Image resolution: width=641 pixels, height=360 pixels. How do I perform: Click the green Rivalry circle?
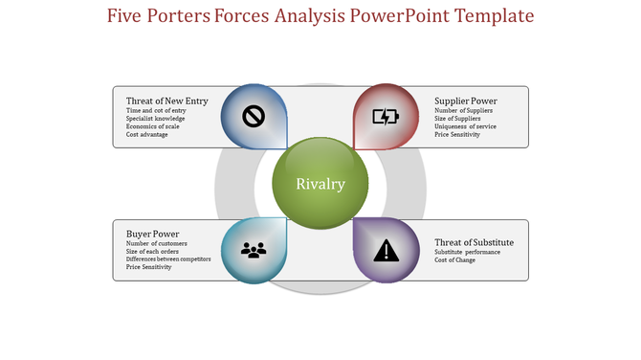pos(320,184)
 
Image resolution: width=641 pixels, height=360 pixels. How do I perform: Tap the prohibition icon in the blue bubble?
pos(254,117)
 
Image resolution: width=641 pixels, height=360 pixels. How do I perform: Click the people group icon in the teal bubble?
pos(254,250)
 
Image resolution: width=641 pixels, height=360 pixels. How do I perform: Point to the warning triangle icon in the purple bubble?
pos(386,251)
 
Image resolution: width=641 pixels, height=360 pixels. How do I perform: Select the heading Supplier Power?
pos(466,101)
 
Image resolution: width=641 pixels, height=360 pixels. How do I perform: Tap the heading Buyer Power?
pos(153,234)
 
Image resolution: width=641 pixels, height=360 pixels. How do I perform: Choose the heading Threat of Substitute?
pos(475,242)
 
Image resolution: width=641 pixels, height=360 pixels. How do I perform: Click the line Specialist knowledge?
pos(155,119)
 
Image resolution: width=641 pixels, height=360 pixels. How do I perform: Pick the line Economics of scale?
pos(154,126)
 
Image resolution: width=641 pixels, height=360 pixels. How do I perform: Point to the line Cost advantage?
pos(148,135)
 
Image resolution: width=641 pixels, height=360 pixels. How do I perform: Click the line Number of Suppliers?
pos(462,111)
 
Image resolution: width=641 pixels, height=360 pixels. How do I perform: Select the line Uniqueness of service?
pos(465,126)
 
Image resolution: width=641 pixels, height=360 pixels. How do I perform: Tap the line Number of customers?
pos(157,244)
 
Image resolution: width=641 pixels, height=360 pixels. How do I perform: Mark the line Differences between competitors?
pos(168,259)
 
